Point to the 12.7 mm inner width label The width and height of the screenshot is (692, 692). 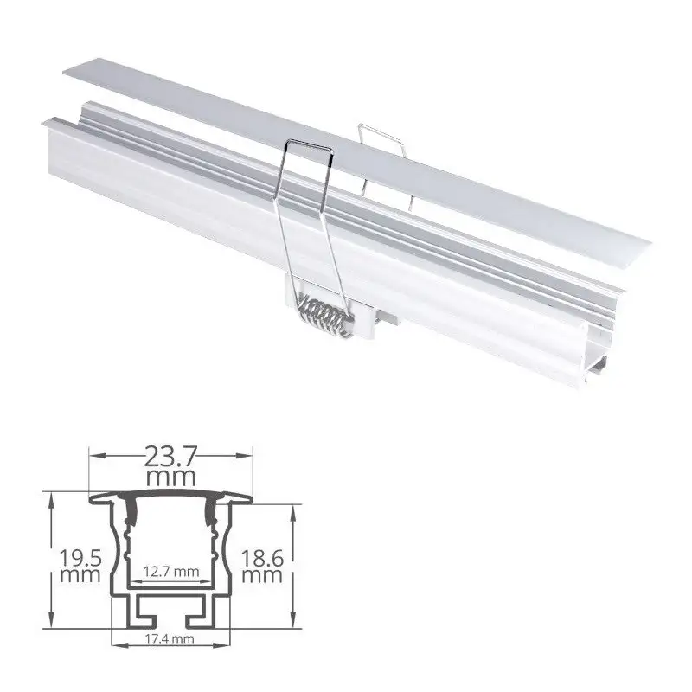pyautogui.click(x=171, y=570)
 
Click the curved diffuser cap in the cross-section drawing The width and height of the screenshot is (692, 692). pyautogui.click(x=171, y=497)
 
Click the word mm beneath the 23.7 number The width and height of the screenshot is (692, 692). pyautogui.click(x=171, y=477)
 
